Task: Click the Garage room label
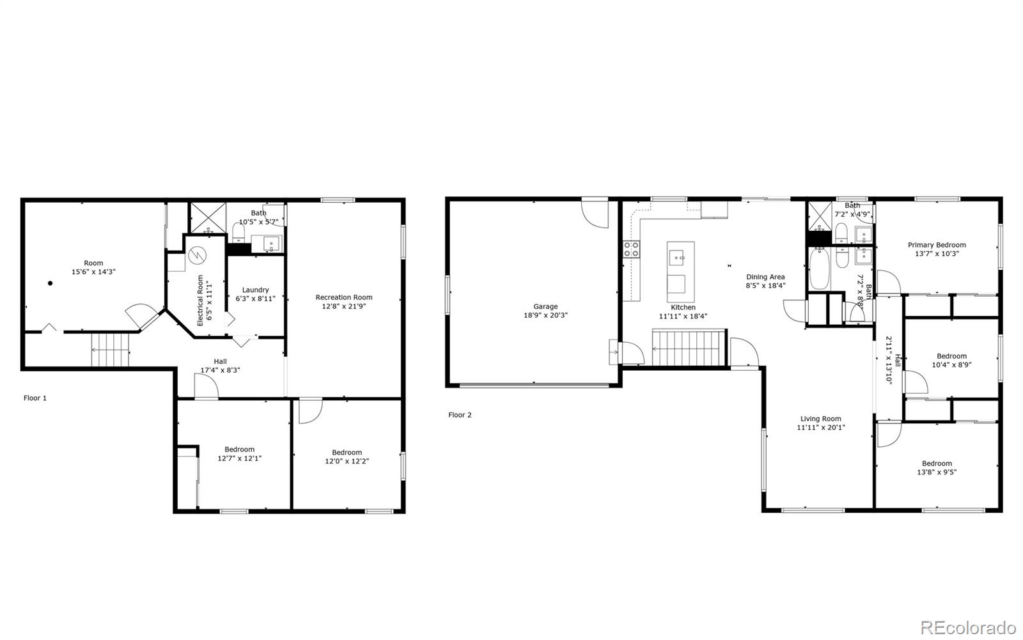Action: point(545,307)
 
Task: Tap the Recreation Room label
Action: point(344,297)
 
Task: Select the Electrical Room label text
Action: point(200,300)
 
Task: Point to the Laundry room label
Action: point(255,290)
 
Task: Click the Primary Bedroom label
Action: point(937,245)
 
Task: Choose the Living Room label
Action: point(821,419)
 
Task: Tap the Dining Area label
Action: point(765,277)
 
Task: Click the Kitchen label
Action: point(683,308)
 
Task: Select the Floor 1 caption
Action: point(35,398)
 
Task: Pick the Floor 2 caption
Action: point(460,415)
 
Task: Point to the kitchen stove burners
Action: point(632,249)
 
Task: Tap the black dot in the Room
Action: point(50,283)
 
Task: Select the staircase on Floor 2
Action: point(689,347)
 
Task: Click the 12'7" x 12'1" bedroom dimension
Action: point(240,458)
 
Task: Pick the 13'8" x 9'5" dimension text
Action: point(937,472)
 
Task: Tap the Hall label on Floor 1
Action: point(220,362)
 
